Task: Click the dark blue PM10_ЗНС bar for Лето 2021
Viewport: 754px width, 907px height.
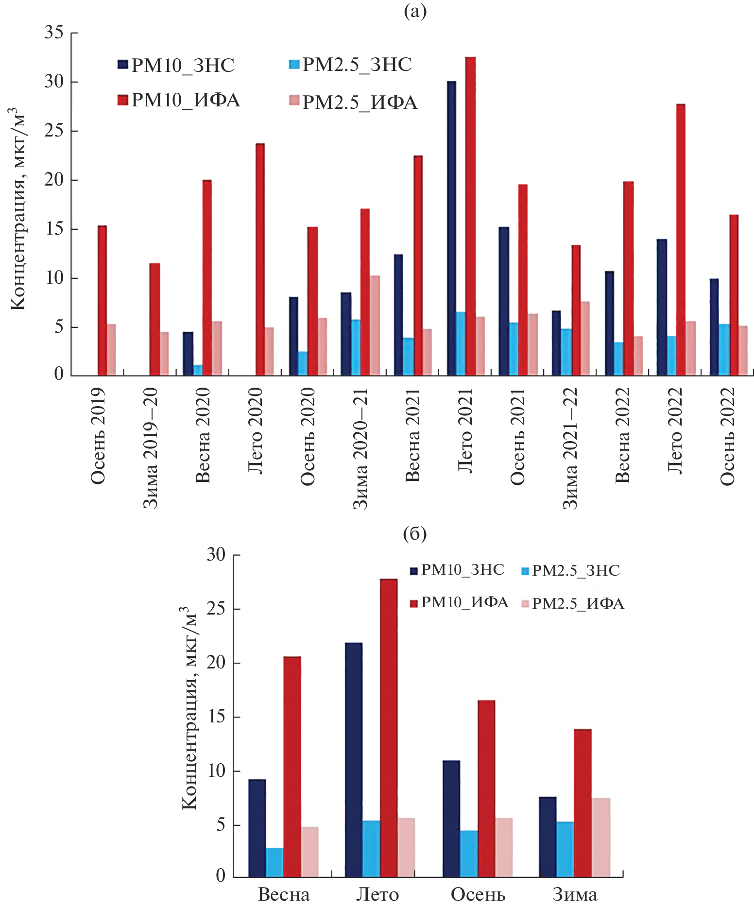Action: (451, 228)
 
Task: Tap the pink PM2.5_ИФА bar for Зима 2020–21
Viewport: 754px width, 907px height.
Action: (375, 325)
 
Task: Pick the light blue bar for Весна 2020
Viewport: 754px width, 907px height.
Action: (198, 370)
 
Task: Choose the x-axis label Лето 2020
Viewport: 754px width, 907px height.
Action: (256, 430)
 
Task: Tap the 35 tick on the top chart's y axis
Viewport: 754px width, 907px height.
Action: (54, 33)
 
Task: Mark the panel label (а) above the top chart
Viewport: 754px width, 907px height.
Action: (415, 11)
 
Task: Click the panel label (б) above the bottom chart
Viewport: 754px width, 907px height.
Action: (415, 534)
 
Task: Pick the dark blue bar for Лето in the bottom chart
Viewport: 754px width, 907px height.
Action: (354, 760)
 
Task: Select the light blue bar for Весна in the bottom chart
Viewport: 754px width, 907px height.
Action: (274, 862)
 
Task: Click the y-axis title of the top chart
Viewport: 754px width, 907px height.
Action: (18, 209)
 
